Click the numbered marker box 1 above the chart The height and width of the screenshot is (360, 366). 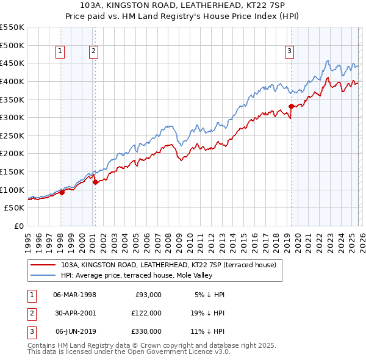coord(61,52)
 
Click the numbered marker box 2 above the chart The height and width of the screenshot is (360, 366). coord(94,52)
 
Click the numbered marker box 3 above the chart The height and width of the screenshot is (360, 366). coord(290,52)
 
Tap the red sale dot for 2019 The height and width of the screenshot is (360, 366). coord(291,106)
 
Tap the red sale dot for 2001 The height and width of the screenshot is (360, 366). coord(95,181)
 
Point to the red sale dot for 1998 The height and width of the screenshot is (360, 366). coord(62,192)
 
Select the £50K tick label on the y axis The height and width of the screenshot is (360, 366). coord(15,207)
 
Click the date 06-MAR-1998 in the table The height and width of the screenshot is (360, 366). coord(74,295)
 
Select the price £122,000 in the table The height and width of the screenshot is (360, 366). coord(146,313)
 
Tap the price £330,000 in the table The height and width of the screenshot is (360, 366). coord(146,331)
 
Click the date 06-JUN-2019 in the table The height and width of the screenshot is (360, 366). coord(74,331)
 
